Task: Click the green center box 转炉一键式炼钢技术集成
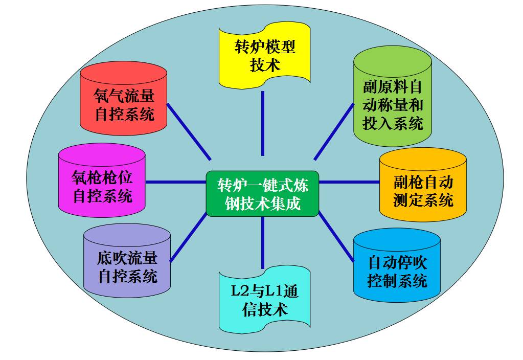tap(262, 193)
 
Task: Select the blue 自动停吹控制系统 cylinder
tap(397, 271)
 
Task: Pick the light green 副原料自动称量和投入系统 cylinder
tap(393, 102)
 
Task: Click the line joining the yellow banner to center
tap(262, 123)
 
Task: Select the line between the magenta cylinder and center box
tap(176, 182)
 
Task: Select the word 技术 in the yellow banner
tap(265, 65)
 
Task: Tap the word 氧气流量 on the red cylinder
tap(124, 95)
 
